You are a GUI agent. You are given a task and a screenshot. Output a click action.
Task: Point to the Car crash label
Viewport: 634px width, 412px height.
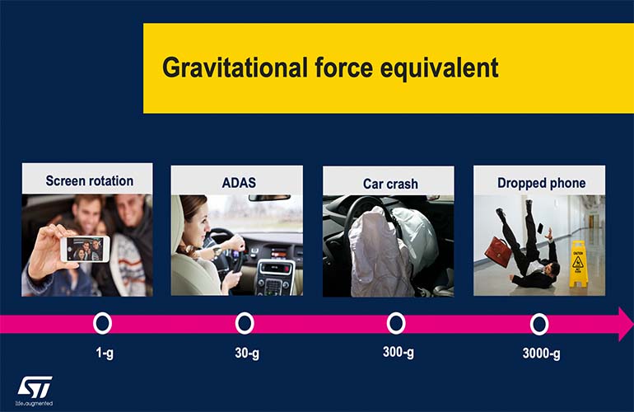390,183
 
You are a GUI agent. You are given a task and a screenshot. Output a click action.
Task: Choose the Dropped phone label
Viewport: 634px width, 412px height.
539,182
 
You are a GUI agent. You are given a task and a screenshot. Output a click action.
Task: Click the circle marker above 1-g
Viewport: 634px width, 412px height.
102,323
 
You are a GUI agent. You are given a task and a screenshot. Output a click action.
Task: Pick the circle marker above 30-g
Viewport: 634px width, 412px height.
245,323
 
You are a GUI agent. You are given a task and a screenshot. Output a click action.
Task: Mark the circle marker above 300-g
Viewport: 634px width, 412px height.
396,323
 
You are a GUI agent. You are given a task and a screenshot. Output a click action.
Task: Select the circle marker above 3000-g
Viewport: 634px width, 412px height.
539,324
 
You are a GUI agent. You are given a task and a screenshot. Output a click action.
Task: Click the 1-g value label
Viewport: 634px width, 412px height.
104,354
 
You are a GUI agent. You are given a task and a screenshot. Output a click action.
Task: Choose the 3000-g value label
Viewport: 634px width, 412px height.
541,354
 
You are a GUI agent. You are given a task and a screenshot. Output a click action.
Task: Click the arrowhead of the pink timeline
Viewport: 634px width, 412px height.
624,323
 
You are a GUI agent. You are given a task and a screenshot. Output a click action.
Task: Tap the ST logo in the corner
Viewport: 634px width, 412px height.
35,386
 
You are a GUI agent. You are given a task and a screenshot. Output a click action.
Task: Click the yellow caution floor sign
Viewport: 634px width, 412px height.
580,263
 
